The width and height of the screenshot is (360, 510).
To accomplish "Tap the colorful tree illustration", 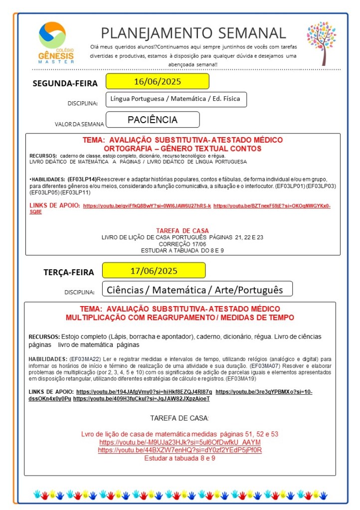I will click(x=322, y=42).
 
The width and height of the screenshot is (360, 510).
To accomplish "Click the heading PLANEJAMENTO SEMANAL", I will click(x=193, y=33).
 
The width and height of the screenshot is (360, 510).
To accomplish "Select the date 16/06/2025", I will click(x=157, y=81).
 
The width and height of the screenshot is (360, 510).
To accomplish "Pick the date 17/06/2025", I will click(x=154, y=271).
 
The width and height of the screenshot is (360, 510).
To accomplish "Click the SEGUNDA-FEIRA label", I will click(x=65, y=83).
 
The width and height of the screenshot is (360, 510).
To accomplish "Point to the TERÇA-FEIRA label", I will click(x=68, y=272).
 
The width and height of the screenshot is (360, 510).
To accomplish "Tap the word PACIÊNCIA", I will click(x=153, y=120).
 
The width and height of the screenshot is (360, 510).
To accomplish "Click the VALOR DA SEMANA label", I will click(x=79, y=124).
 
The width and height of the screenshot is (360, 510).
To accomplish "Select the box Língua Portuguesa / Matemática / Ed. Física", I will click(x=176, y=99).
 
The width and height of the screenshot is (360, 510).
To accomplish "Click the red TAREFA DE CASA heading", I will click(x=182, y=230).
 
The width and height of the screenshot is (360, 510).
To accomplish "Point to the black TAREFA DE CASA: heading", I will click(x=180, y=418).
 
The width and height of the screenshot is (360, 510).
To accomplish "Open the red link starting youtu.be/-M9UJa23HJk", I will click(x=180, y=442).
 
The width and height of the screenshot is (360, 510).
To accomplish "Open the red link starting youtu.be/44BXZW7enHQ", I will click(x=180, y=450).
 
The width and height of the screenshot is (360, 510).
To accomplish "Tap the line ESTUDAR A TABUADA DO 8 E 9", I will click(x=182, y=250).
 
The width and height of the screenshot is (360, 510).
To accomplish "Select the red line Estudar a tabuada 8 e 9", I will click(x=180, y=458).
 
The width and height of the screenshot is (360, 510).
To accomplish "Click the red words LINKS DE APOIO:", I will click(x=55, y=205).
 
